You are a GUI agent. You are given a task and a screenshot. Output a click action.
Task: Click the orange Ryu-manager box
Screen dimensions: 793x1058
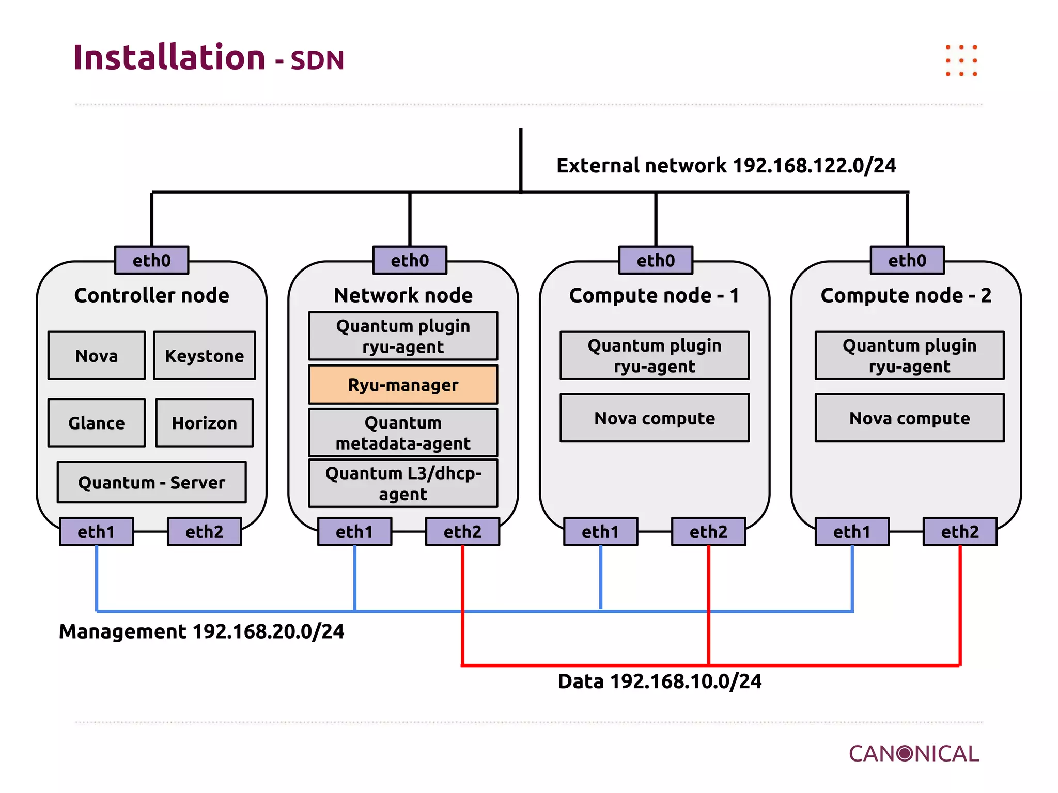tap(403, 385)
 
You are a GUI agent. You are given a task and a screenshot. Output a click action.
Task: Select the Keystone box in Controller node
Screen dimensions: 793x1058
tap(204, 356)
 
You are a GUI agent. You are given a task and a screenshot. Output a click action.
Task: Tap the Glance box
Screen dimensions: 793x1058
tap(97, 423)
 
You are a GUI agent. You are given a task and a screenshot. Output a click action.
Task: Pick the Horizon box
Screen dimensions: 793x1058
tap(204, 423)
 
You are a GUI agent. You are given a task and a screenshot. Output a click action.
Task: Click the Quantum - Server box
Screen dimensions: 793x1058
tap(151, 482)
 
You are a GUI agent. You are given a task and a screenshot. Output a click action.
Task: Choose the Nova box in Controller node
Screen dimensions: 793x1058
tap(97, 356)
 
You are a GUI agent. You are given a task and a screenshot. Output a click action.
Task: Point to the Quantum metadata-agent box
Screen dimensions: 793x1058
tap(403, 433)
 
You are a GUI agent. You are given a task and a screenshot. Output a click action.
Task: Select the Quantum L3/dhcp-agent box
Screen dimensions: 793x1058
tap(403, 483)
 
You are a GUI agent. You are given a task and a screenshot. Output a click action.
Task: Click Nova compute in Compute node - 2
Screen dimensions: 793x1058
tap(909, 418)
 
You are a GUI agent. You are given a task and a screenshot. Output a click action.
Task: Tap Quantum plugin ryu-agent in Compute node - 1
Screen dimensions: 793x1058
tap(655, 356)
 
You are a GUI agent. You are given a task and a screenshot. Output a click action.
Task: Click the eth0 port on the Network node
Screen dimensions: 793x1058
tap(410, 260)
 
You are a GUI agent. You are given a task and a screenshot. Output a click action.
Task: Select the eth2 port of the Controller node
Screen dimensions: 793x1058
tap(204, 531)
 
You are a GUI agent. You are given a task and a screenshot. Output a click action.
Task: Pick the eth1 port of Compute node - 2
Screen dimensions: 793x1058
tap(852, 531)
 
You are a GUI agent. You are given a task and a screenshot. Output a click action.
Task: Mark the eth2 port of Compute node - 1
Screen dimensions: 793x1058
tap(708, 531)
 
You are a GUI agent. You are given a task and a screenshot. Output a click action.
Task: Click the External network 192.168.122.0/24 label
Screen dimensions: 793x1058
tap(726, 166)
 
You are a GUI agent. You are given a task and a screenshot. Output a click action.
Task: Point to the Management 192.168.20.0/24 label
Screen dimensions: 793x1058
tap(201, 631)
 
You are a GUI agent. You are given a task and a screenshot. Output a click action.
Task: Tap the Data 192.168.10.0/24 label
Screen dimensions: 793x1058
tap(659, 681)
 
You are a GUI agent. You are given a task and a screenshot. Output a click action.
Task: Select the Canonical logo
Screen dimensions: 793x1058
tap(913, 754)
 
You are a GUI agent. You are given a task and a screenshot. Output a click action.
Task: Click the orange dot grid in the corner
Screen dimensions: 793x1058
tap(961, 61)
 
